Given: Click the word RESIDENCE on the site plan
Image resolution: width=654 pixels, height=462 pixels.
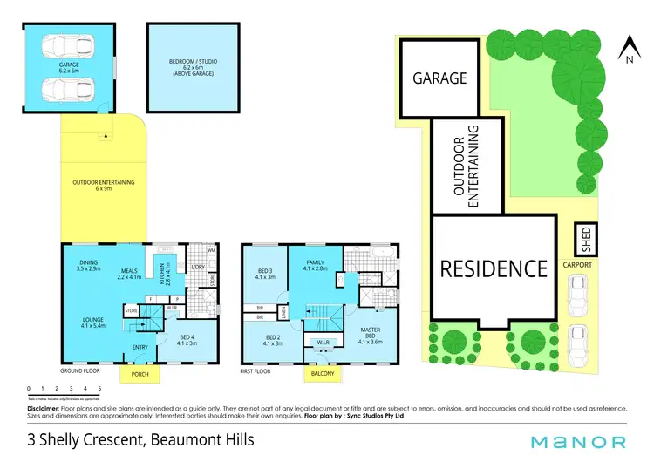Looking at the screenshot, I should click(493, 268).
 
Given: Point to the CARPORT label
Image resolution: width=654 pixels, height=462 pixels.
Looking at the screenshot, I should click(577, 264).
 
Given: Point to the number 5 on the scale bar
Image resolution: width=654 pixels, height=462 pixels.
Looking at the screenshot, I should click(99, 388).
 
